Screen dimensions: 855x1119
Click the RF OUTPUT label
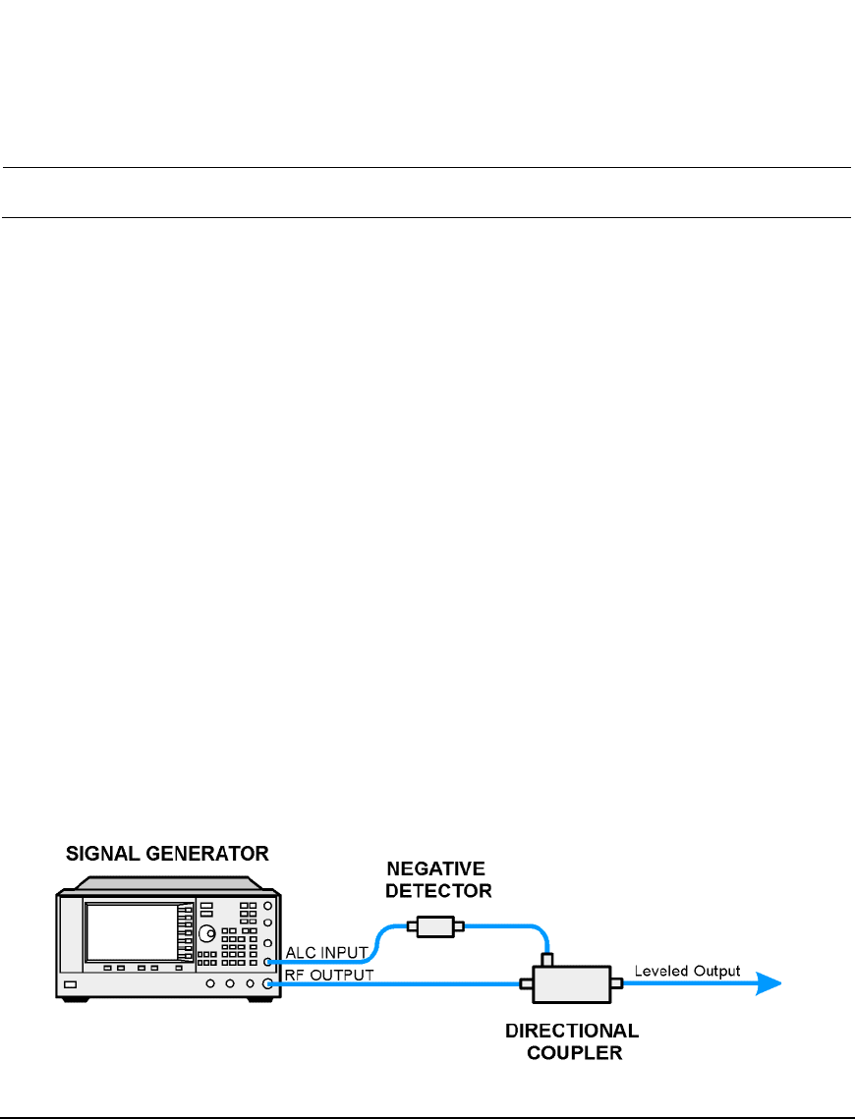point(329,975)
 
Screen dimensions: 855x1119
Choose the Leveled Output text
point(685,971)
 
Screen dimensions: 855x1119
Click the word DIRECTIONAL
point(572,1031)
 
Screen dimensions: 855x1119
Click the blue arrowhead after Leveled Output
point(769,983)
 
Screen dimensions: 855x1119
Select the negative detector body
point(433,925)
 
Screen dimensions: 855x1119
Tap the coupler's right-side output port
point(616,982)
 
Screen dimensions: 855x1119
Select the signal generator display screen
point(130,933)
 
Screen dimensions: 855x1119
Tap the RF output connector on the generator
point(266,982)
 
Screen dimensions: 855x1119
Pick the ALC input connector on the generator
point(266,963)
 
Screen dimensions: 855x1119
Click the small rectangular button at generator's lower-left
point(70,983)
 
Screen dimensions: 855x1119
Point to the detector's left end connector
point(409,925)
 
